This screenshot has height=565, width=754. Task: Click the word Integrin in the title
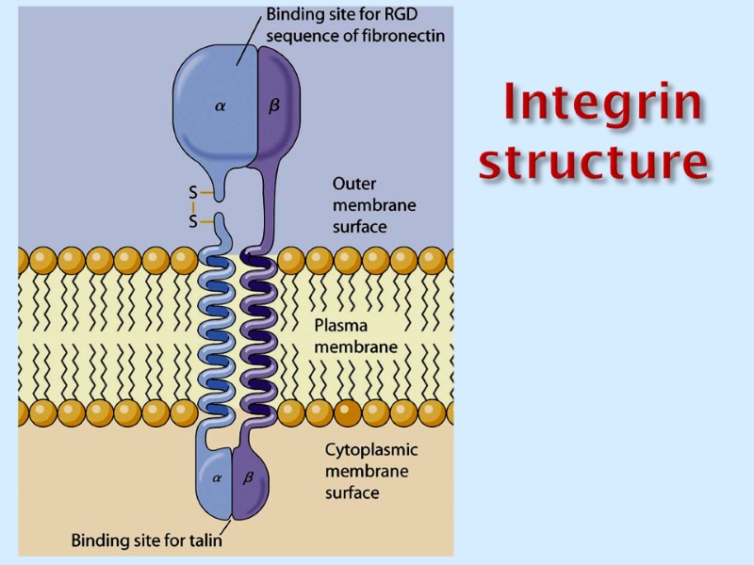coord(601,104)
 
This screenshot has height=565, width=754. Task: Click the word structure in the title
coord(593,160)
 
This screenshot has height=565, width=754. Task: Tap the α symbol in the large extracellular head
coord(221,107)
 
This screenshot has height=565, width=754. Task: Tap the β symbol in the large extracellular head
coord(274,107)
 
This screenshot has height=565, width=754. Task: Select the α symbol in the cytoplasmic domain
coord(217,477)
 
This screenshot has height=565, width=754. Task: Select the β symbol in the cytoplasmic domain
coord(249,477)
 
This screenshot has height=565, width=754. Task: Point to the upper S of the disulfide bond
coord(193,193)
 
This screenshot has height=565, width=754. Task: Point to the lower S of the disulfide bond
coord(193,222)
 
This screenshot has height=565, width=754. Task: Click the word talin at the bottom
coord(203,541)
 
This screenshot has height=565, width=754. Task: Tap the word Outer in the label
coord(354,184)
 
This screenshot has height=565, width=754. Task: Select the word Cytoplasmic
coord(370,450)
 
